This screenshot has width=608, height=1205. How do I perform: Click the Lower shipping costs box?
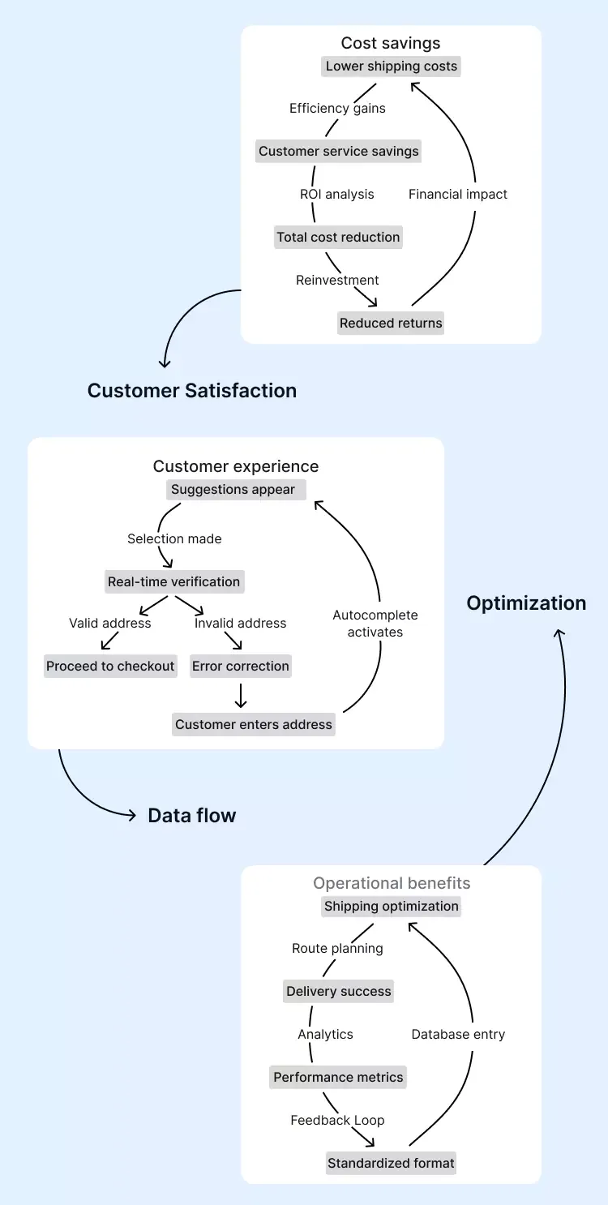coord(392,66)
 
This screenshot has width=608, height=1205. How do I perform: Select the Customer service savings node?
coord(339,152)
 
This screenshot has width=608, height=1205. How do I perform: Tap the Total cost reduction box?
coord(338,238)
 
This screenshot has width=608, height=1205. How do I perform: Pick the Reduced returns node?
coord(391,324)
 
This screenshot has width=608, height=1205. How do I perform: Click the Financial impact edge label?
coord(458,195)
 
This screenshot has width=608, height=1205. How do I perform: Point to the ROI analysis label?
coord(337,195)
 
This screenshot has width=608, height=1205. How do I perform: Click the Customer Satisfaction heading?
coord(192,391)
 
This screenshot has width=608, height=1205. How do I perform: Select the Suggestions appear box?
coord(233,490)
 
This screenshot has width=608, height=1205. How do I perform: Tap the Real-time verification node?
coord(174,582)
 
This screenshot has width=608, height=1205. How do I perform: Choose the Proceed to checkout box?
coord(110,667)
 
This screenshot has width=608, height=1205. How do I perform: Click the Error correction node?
coord(241,667)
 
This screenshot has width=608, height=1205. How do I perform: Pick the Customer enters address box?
coord(254,725)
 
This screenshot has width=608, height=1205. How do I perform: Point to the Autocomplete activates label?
coord(375,624)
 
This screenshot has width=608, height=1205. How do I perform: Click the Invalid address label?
coord(241,624)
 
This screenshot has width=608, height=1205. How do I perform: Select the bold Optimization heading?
coord(526,603)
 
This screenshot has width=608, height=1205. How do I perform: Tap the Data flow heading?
coord(192,816)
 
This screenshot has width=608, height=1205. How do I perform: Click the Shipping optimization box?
coord(392,907)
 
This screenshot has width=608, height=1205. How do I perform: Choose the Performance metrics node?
coord(338,1078)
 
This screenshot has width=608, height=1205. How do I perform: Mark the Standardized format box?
coord(391,1164)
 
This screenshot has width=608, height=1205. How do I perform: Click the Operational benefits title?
coord(392,884)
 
